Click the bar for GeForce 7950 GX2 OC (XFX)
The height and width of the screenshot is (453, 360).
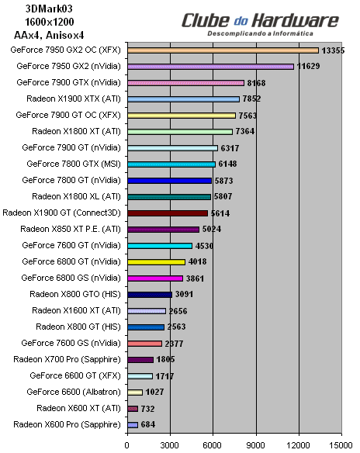(x=223, y=50)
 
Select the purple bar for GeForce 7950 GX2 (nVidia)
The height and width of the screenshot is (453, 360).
(x=210, y=67)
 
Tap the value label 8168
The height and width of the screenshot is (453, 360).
(x=256, y=83)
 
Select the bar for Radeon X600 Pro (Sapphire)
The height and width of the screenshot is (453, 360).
(x=132, y=424)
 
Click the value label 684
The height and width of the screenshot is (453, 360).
(x=147, y=424)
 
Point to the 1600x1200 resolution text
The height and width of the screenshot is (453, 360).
(x=37, y=20)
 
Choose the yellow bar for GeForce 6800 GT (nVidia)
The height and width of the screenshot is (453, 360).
(x=156, y=261)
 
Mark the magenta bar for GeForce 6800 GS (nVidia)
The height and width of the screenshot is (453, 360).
(x=154, y=278)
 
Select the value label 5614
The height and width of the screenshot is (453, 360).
(x=220, y=213)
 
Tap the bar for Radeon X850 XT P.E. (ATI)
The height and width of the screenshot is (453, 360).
(x=163, y=229)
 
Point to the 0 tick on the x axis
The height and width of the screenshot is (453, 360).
(x=126, y=445)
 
